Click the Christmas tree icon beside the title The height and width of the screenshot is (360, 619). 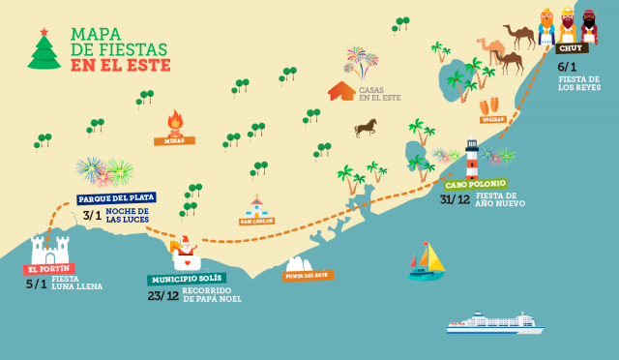[44, 48]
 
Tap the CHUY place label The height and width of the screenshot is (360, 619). [573, 48]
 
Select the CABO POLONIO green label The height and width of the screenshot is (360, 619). [475, 184]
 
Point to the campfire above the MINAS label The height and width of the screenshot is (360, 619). [175, 122]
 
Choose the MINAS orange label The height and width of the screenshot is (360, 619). [174, 140]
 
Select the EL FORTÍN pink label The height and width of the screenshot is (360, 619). [49, 269]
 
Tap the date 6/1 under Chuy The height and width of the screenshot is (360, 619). [568, 67]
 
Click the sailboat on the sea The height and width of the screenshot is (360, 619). [427, 260]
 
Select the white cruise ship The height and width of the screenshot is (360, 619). [494, 322]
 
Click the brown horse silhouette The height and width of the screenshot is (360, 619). [366, 128]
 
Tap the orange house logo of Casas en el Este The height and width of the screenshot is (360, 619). [341, 91]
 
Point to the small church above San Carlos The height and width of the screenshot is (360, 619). [256, 206]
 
